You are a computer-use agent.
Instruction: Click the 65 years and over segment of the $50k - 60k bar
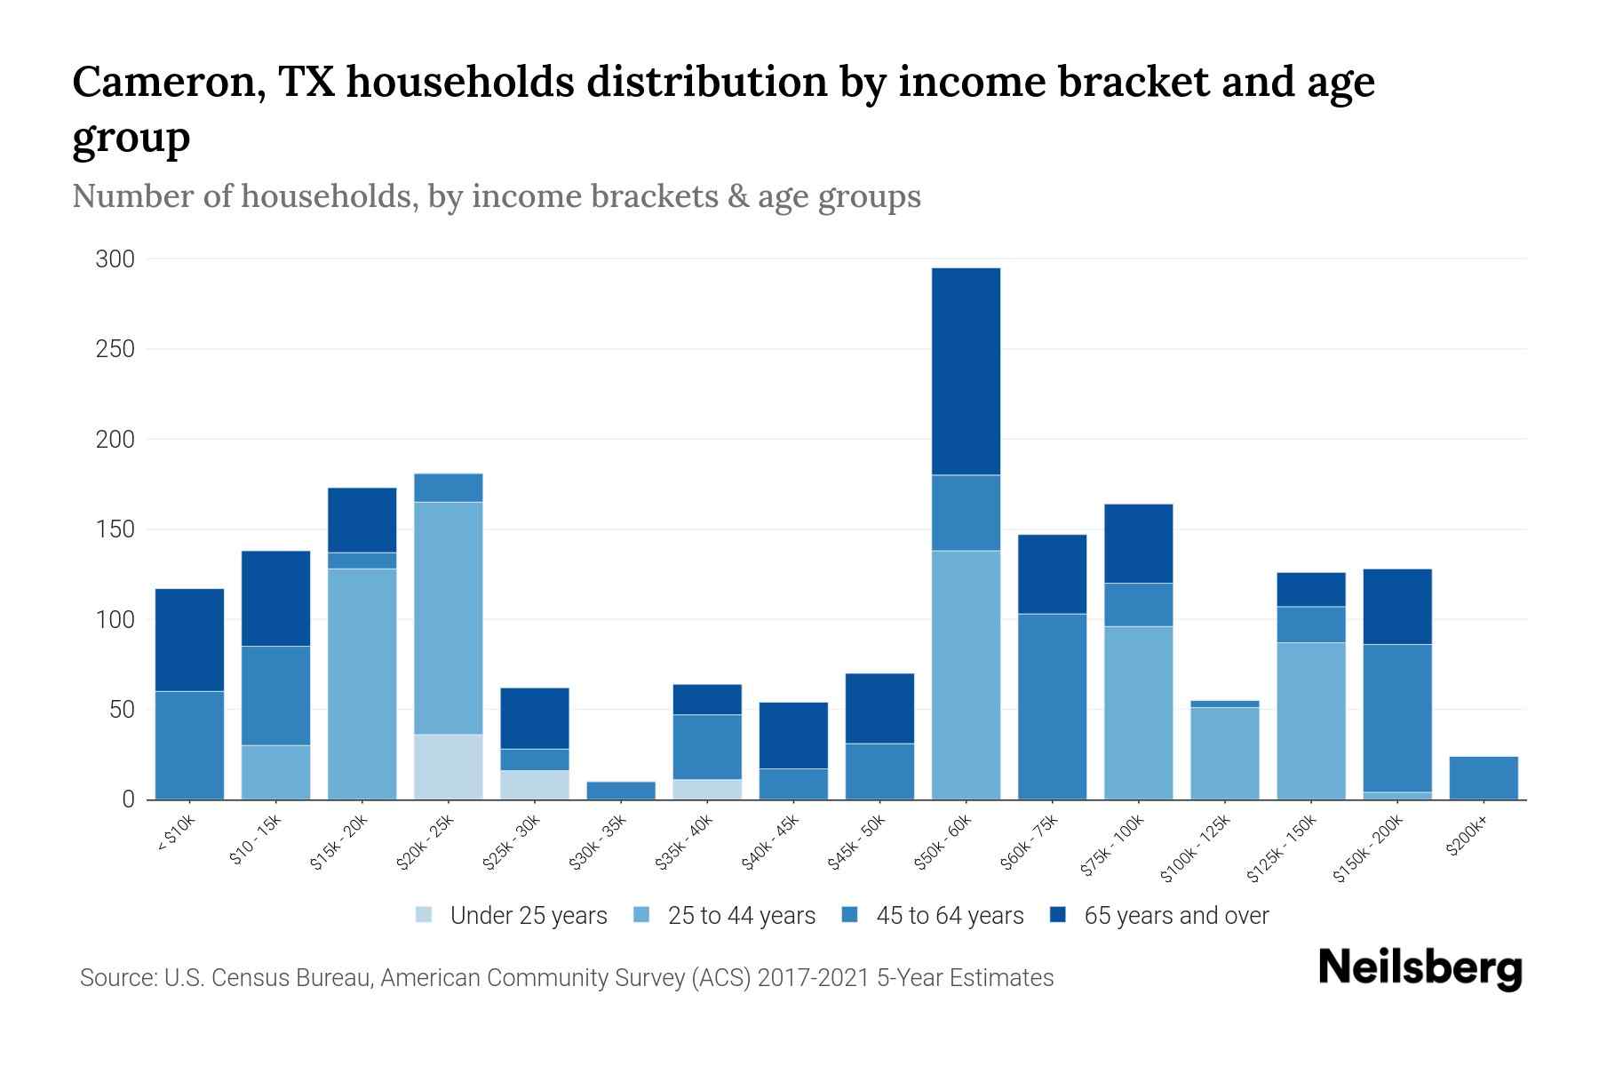(x=966, y=371)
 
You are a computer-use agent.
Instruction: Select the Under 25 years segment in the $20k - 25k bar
(x=449, y=767)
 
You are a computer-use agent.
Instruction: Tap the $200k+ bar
(x=1483, y=778)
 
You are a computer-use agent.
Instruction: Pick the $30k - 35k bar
(x=621, y=791)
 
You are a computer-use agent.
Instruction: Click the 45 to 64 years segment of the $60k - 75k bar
(x=1052, y=706)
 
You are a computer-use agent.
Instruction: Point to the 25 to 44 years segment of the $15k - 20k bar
(x=362, y=684)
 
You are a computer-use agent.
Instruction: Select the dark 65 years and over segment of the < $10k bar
(x=189, y=640)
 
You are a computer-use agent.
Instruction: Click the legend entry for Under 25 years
(x=512, y=916)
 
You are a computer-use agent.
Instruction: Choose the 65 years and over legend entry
(x=1159, y=916)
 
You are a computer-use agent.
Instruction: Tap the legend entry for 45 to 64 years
(x=933, y=916)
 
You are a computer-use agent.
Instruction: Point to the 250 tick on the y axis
(x=115, y=349)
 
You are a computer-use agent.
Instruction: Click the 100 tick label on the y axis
(x=115, y=619)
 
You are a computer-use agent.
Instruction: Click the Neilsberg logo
(x=1420, y=968)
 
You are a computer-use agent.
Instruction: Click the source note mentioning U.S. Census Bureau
(x=566, y=978)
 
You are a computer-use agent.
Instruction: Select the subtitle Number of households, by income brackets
(x=496, y=196)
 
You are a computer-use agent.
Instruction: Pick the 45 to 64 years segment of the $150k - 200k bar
(x=1396, y=718)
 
